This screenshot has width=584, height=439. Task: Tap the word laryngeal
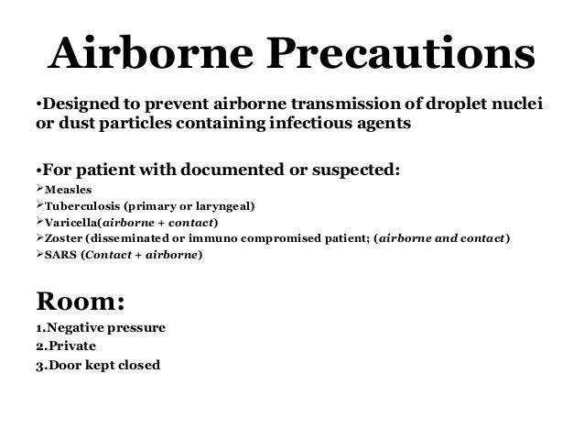point(226,206)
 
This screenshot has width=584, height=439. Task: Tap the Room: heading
point(67,302)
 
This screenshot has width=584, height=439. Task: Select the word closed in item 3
point(139,365)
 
